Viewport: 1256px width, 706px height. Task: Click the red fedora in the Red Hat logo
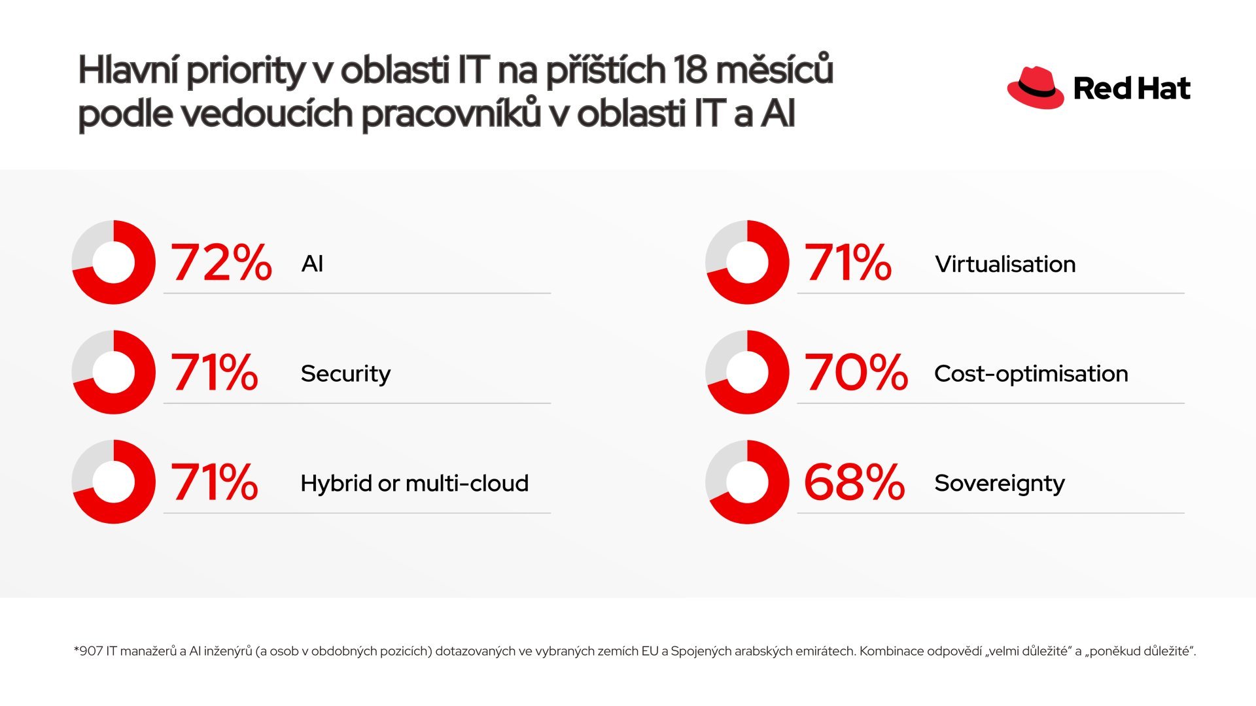point(1036,88)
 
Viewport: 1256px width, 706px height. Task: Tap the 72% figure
point(221,263)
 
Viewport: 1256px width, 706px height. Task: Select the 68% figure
point(854,482)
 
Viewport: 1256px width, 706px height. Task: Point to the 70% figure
point(856,373)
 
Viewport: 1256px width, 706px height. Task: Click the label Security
point(345,374)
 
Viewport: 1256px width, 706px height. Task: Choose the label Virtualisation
point(1005,264)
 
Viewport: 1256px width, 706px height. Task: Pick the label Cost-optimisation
point(1032,374)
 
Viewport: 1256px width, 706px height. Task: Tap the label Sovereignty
point(1000,484)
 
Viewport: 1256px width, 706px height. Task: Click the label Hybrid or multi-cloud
point(415,483)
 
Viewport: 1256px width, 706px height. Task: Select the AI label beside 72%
point(313,264)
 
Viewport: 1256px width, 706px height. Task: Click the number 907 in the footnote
point(90,651)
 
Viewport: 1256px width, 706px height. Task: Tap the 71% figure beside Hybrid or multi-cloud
point(215,482)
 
